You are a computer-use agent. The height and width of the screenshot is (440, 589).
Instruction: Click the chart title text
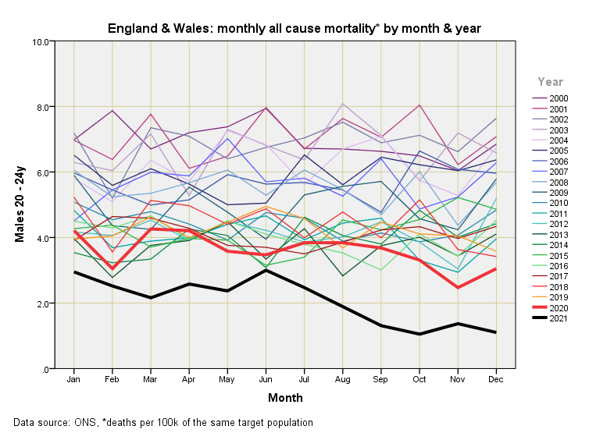coord(294,29)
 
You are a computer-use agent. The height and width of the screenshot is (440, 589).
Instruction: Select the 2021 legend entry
coord(559,319)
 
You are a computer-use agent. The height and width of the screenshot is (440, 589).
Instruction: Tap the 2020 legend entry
coord(559,308)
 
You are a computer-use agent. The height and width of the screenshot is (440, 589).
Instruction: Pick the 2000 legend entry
coord(559,98)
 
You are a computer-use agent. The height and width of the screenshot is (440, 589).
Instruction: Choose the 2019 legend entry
coord(559,297)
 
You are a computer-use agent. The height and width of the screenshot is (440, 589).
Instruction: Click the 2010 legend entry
coord(559,203)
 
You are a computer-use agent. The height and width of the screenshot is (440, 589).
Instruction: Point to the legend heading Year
coord(550,81)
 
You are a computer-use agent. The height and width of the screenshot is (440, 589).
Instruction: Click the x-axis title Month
coord(285,399)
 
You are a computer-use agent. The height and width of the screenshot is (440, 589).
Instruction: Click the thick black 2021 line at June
coord(266,270)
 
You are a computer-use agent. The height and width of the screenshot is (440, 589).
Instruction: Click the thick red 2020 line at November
coord(458,287)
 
